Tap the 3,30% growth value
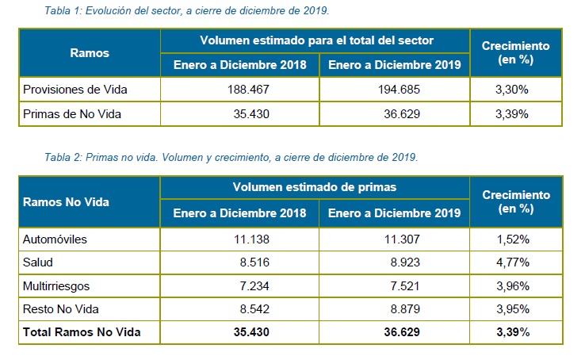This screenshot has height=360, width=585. click(514, 90)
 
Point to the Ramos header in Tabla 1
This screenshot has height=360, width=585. click(90, 53)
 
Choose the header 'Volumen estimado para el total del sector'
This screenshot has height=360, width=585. click(316, 40)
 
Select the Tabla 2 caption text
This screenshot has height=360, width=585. click(231, 157)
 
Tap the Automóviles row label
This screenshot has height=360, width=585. click(55, 239)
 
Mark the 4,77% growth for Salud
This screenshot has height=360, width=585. click(514, 262)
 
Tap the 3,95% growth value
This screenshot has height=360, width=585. click(514, 308)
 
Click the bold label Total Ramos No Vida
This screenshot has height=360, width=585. click(82, 332)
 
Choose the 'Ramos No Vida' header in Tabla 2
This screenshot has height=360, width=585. click(66, 201)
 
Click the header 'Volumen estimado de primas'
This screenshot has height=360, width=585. click(316, 188)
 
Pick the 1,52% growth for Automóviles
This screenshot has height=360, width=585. click(514, 239)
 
